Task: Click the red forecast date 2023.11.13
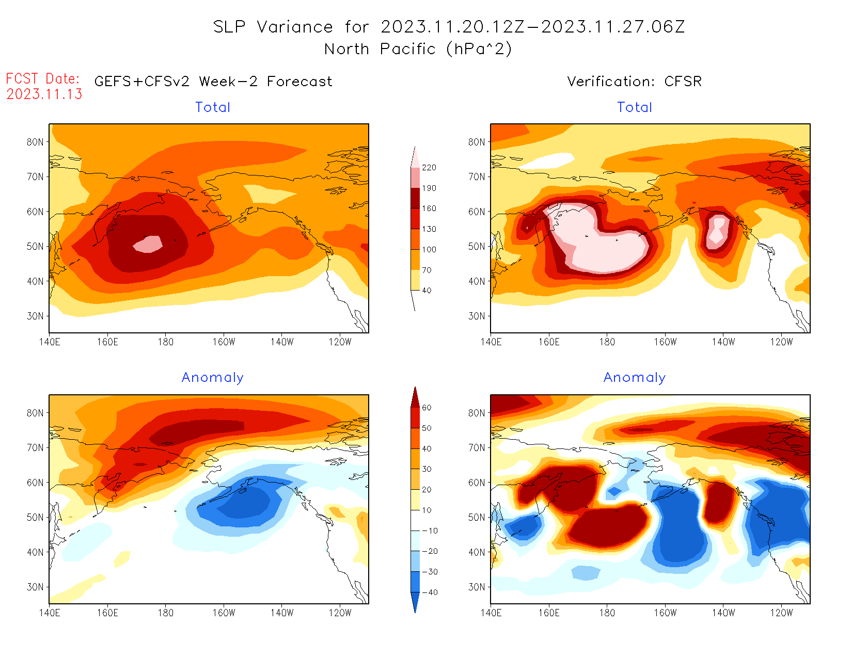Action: click(x=44, y=94)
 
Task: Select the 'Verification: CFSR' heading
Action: click(x=634, y=82)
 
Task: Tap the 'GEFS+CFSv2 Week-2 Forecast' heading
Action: click(x=213, y=82)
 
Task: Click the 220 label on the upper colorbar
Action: click(x=429, y=168)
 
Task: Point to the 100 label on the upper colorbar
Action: click(x=429, y=249)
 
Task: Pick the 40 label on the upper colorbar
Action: click(x=427, y=291)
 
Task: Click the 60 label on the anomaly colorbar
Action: click(x=427, y=408)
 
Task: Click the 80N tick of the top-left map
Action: click(x=35, y=142)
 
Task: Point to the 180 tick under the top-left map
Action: click(x=166, y=342)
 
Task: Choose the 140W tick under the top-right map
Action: click(x=723, y=342)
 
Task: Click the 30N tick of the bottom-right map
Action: click(x=477, y=587)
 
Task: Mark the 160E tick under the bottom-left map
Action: click(x=107, y=613)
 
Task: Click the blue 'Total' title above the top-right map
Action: click(x=635, y=107)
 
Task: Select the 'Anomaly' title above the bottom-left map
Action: click(x=212, y=378)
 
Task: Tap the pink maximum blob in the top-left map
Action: click(x=149, y=244)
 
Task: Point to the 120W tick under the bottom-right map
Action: click(x=781, y=613)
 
